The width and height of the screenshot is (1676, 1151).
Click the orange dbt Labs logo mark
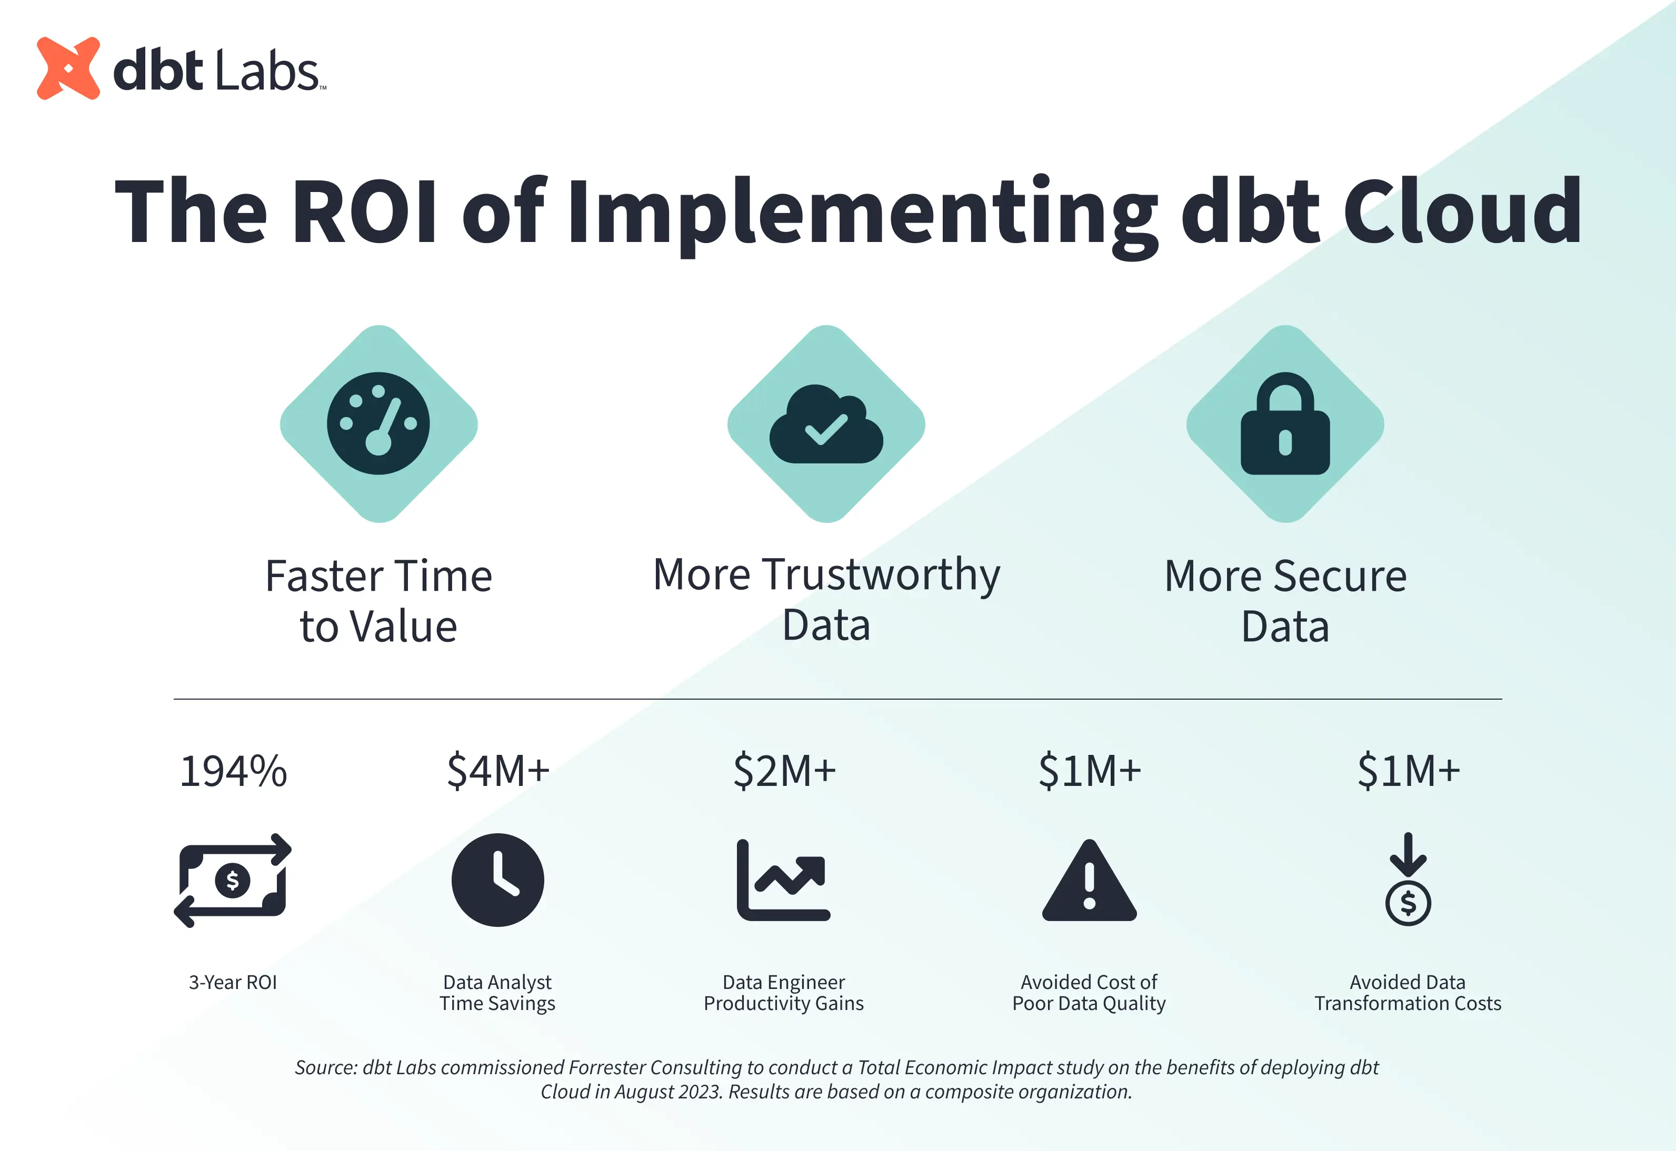(68, 68)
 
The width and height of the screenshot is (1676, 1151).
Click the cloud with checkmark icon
(826, 424)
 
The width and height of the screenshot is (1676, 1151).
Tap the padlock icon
(1285, 423)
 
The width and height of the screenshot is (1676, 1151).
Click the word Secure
(1340, 576)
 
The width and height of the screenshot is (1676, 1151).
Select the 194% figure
(233, 771)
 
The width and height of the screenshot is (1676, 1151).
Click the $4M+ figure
(498, 770)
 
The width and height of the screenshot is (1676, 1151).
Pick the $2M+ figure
(784, 770)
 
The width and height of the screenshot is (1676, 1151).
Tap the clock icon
(498, 880)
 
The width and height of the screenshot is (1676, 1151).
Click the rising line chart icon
(784, 880)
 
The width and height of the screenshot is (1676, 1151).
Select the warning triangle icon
(1090, 881)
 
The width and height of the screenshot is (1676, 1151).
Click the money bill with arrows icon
(232, 881)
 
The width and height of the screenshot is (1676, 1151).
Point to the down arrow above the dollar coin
(1408, 855)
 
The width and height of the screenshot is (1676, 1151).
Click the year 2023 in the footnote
(700, 1092)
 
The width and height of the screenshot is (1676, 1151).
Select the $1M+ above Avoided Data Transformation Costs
(1408, 770)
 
